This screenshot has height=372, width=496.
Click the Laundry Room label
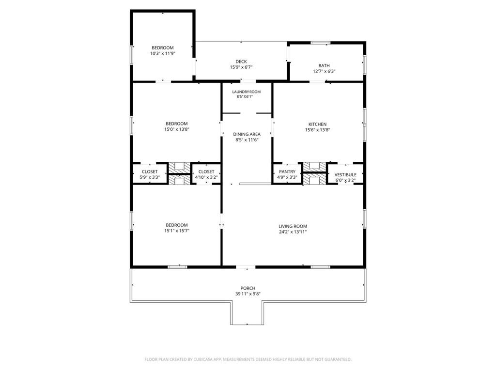pos(246,92)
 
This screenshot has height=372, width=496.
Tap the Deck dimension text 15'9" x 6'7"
pos(241,67)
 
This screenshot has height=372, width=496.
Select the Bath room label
pos(324,65)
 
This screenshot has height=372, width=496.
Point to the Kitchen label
pos(317,124)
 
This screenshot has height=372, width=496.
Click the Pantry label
pos(287,172)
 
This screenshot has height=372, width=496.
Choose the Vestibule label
pos(345,174)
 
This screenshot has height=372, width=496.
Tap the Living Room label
pos(293,226)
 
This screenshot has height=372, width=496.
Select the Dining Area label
pos(247,134)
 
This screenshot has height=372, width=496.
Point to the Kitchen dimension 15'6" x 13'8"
pos(317,130)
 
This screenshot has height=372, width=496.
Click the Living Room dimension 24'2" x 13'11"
pos(293,232)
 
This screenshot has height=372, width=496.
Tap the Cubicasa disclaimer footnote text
pos(248,359)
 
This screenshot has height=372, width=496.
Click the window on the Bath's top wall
pos(320,43)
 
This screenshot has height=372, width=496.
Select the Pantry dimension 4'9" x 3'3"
pos(287,177)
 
